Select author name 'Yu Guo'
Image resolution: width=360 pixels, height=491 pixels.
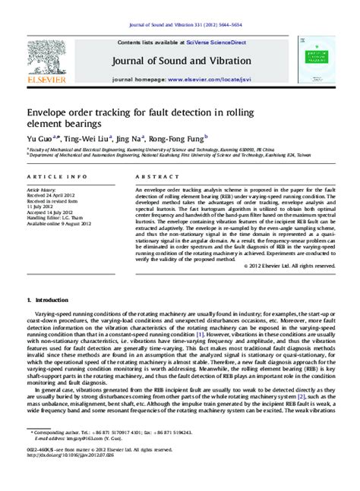[37, 139]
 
